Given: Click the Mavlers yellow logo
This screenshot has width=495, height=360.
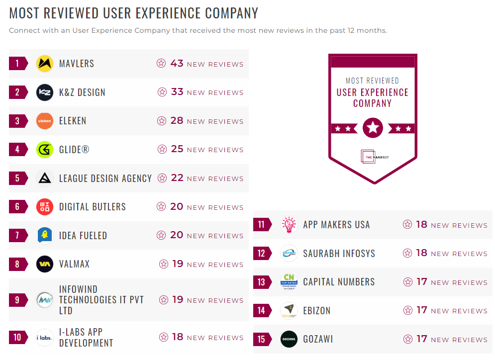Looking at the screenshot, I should click(x=45, y=64).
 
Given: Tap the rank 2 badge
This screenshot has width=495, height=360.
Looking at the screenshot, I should click(x=18, y=92).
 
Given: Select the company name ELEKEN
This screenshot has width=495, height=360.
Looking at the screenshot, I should click(x=73, y=121).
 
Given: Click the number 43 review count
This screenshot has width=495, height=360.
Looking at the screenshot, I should click(x=177, y=64).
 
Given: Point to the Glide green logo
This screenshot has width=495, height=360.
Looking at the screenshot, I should click(x=45, y=149).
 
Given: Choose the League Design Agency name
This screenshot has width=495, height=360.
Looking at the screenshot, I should click(x=105, y=178).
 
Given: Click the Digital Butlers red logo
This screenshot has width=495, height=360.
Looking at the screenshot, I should click(x=45, y=207).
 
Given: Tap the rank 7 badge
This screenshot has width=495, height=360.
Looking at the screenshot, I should click(x=18, y=235).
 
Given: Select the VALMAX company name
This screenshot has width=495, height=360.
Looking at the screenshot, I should click(x=74, y=264).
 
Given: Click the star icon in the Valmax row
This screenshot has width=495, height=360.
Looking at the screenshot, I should click(x=164, y=264).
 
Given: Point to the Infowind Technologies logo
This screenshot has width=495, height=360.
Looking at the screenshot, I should click(x=45, y=300).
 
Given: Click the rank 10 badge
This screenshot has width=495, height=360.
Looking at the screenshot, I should click(x=18, y=338).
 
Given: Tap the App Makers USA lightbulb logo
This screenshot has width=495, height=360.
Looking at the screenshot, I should click(x=289, y=225).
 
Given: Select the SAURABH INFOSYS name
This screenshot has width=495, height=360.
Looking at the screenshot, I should click(x=339, y=254).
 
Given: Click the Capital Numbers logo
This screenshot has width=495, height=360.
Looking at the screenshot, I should click(x=289, y=282).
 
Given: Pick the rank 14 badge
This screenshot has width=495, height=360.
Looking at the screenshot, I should click(x=262, y=311).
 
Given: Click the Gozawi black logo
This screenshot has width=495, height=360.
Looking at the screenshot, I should click(x=289, y=339).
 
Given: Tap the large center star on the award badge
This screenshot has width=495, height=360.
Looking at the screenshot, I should click(x=373, y=128).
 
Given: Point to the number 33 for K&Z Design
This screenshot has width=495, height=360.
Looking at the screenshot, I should click(x=177, y=92).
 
